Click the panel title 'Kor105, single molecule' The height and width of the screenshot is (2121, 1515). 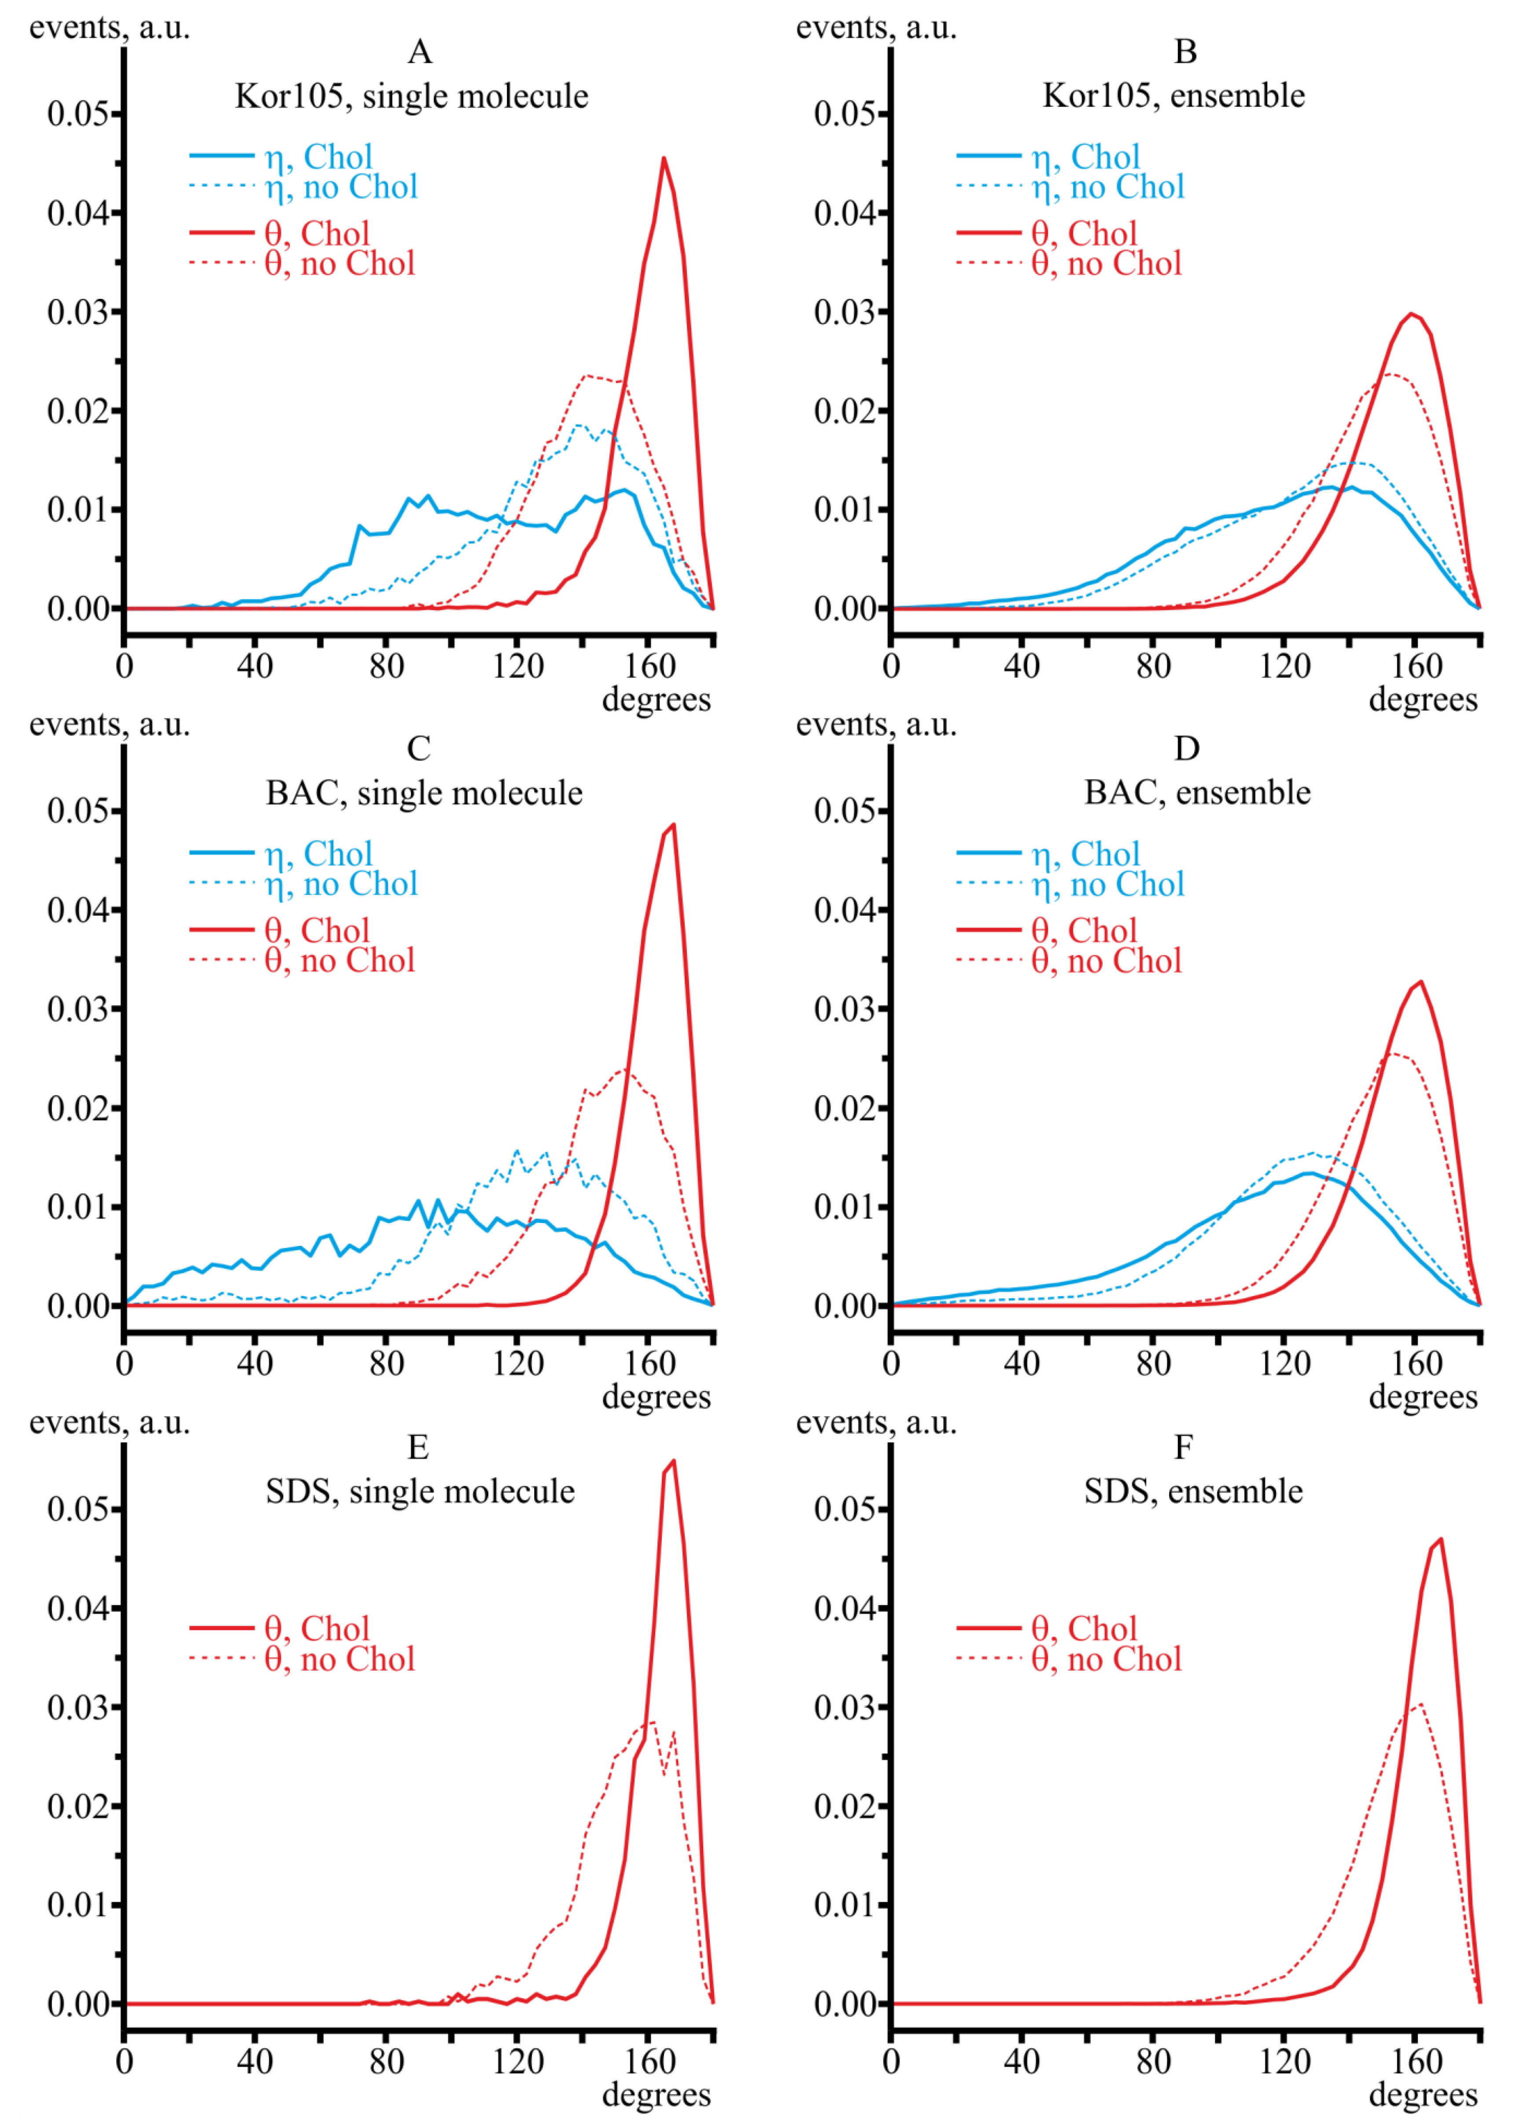[x=411, y=96]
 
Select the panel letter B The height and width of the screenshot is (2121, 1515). [x=1185, y=52]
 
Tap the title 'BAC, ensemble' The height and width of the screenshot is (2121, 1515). [x=1197, y=793]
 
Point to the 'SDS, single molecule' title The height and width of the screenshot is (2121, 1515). [x=420, y=1491]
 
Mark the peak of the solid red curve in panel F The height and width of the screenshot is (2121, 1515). [x=1442, y=1539]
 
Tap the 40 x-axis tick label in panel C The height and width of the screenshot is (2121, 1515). [x=255, y=1364]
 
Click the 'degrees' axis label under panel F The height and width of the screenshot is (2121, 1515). [x=1423, y=2095]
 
